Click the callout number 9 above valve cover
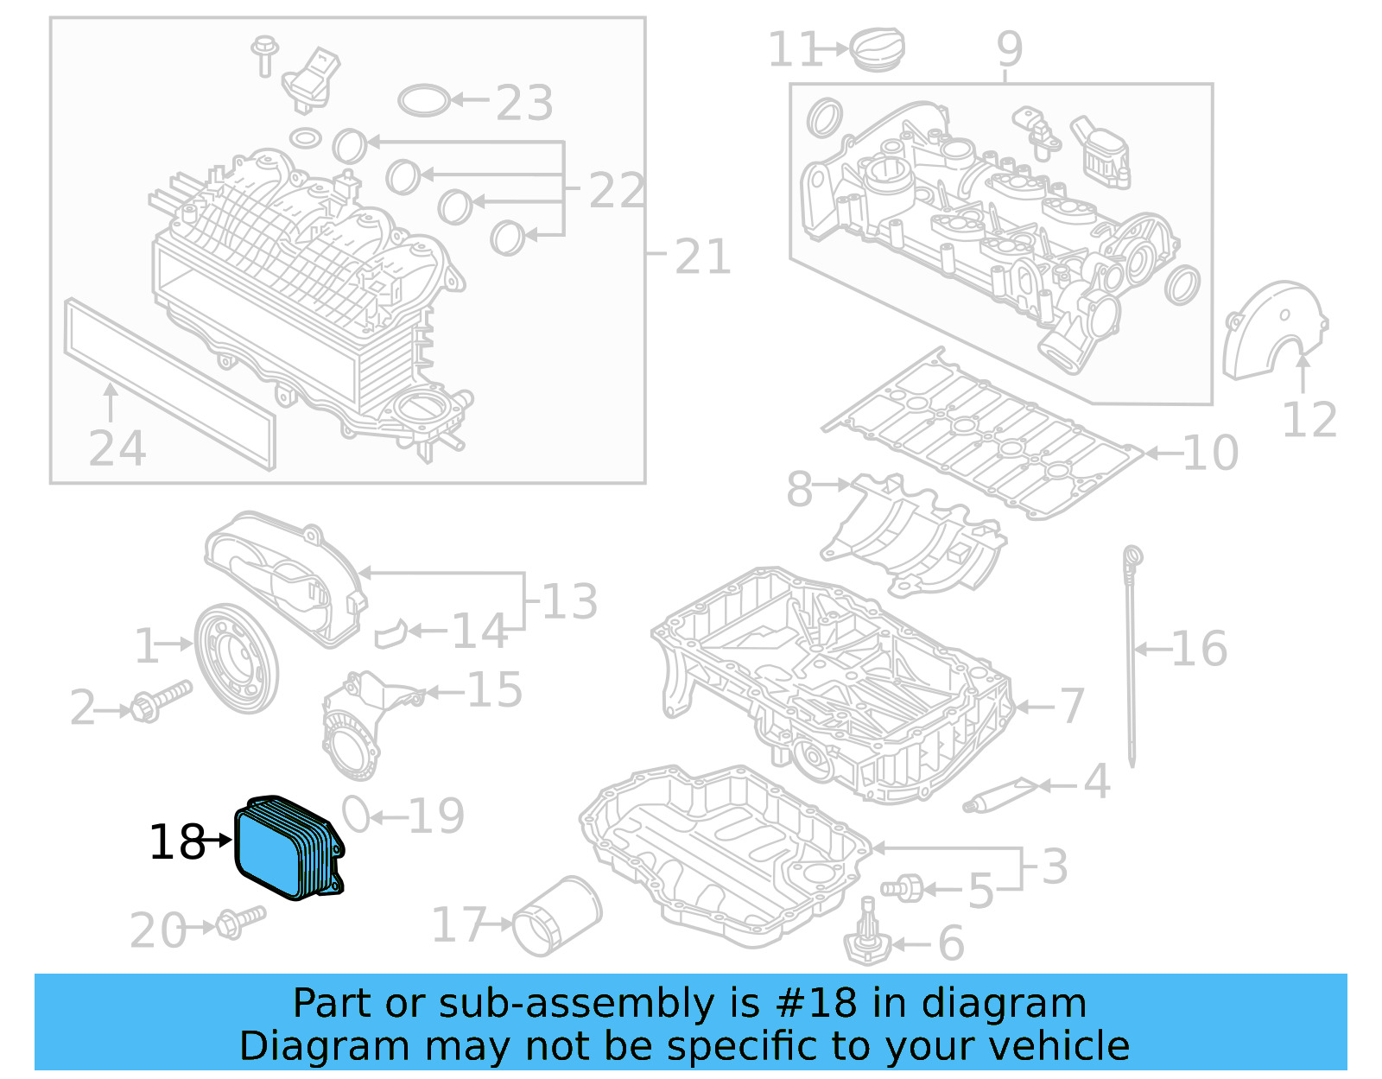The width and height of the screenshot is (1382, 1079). pos(1009,49)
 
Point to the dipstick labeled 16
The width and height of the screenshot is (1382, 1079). pos(1132,657)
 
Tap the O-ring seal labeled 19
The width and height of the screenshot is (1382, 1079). pos(356,813)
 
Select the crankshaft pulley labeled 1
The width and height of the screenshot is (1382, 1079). pos(236,659)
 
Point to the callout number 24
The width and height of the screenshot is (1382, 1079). pos(117,448)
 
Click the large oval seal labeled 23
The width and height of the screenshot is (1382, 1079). pos(424,100)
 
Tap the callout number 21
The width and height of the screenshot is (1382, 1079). pos(702,257)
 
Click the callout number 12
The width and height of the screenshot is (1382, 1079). pos(1309,421)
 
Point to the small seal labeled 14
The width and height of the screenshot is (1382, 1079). pos(391,633)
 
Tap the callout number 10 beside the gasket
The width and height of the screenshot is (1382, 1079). pos(1209,453)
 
